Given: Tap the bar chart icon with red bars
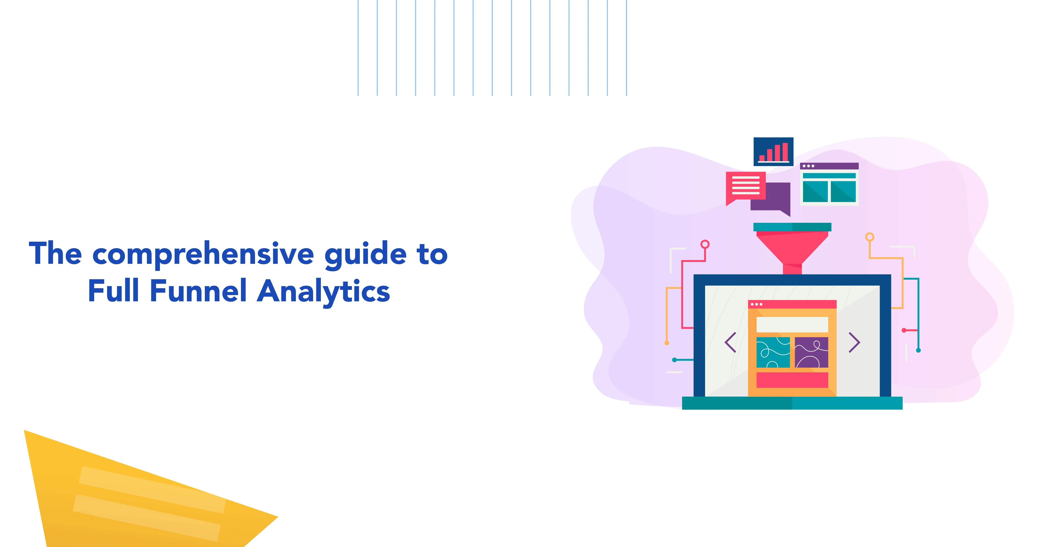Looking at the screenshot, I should [773, 152].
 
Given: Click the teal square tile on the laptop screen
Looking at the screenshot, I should [773, 352].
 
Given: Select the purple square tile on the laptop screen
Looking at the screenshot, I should [811, 352].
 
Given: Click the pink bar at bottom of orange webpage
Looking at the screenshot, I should [792, 379].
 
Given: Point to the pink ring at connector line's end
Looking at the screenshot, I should [705, 244].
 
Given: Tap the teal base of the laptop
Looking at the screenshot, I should [792, 403].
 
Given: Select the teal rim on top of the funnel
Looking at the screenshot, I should [792, 227].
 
